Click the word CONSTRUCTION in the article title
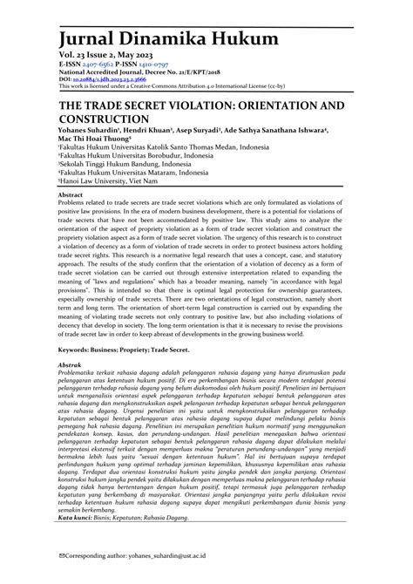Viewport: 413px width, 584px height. (x=112, y=118)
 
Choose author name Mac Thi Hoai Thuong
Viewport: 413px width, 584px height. (x=103, y=138)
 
